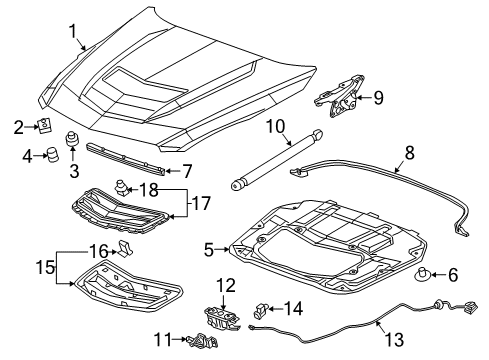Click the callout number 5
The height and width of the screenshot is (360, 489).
point(209,249)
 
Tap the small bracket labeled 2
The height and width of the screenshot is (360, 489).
point(44,125)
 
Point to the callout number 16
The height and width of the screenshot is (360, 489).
point(96,251)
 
